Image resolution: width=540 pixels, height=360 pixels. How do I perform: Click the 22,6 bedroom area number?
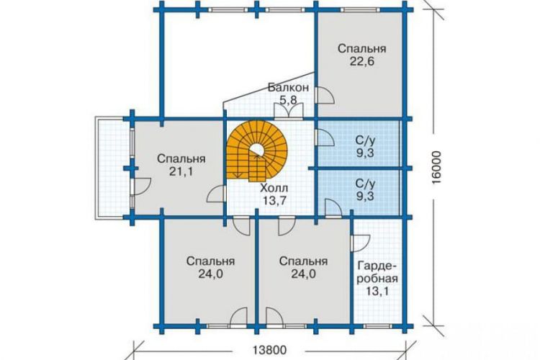click(x=362, y=61)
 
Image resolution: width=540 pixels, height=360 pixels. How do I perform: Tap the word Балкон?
click(x=288, y=88)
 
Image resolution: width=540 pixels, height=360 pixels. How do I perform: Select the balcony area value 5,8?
click(x=288, y=100)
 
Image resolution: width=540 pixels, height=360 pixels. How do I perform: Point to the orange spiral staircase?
click(x=256, y=151)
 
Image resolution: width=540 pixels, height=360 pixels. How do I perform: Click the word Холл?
click(x=274, y=188)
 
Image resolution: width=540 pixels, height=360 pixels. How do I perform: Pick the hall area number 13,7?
click(x=274, y=200)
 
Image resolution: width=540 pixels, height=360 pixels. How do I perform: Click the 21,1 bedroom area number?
click(x=181, y=171)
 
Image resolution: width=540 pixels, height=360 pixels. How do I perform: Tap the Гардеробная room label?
click(x=377, y=272)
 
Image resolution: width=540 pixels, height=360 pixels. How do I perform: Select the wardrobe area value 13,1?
click(x=377, y=292)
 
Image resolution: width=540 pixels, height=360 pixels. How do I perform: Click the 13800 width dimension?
click(x=270, y=351)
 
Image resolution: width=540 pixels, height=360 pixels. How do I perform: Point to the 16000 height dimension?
click(x=436, y=168)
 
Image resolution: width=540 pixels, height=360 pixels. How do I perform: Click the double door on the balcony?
click(x=289, y=111)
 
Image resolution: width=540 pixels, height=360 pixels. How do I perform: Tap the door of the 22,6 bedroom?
click(x=324, y=95)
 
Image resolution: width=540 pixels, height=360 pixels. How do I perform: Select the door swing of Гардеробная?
click(x=360, y=243)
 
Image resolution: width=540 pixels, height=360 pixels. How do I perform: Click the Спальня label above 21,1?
click(x=181, y=159)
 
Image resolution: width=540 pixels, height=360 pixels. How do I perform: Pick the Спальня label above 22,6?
click(x=362, y=48)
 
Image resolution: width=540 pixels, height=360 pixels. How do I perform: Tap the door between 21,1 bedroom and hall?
click(x=216, y=194)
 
